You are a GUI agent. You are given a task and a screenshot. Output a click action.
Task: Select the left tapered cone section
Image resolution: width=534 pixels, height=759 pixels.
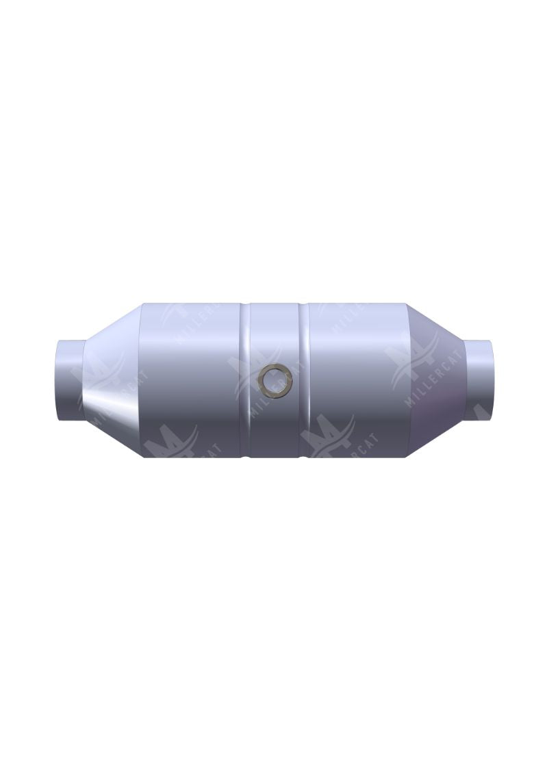110,380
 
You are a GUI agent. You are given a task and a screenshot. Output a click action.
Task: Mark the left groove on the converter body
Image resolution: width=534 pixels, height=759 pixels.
245,380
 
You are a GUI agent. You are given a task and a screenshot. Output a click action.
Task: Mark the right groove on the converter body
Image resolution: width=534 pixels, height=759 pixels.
305,380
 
